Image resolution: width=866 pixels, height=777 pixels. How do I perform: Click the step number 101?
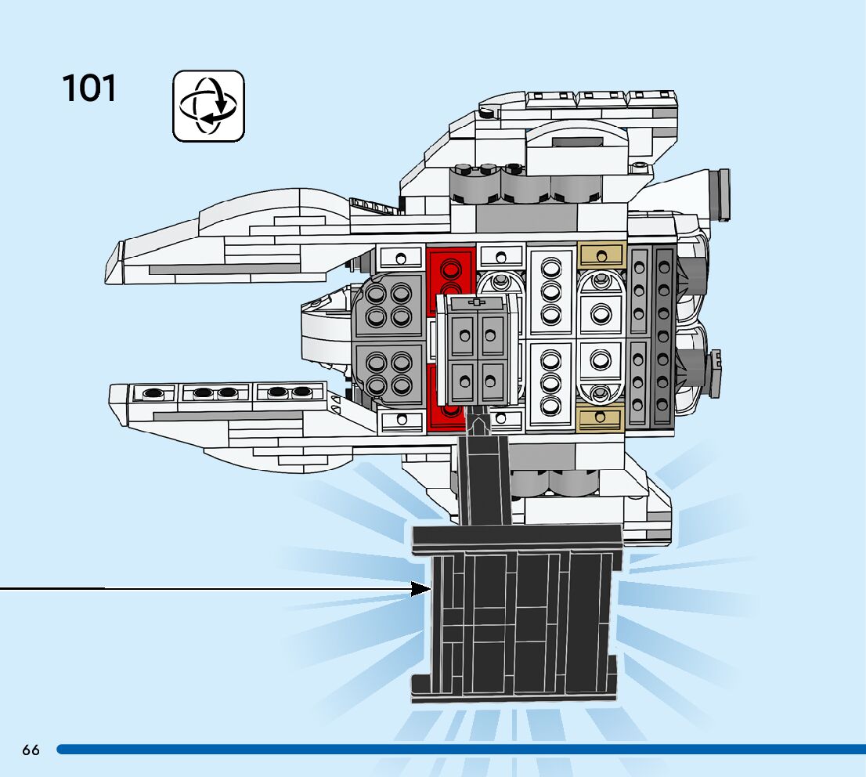pyautogui.click(x=89, y=89)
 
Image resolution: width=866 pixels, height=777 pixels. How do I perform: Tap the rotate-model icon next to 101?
pyautogui.click(x=208, y=106)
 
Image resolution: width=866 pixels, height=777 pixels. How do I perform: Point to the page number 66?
pyautogui.click(x=31, y=750)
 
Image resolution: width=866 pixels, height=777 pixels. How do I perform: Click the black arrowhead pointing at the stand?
pyautogui.click(x=421, y=588)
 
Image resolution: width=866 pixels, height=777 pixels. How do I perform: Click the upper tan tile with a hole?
pyautogui.click(x=601, y=255)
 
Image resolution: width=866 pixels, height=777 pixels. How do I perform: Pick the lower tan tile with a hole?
pyautogui.click(x=601, y=418)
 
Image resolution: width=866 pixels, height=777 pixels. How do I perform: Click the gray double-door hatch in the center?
pyautogui.click(x=477, y=349)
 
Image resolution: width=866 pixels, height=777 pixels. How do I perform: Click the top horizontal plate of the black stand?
pyautogui.click(x=517, y=537)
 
